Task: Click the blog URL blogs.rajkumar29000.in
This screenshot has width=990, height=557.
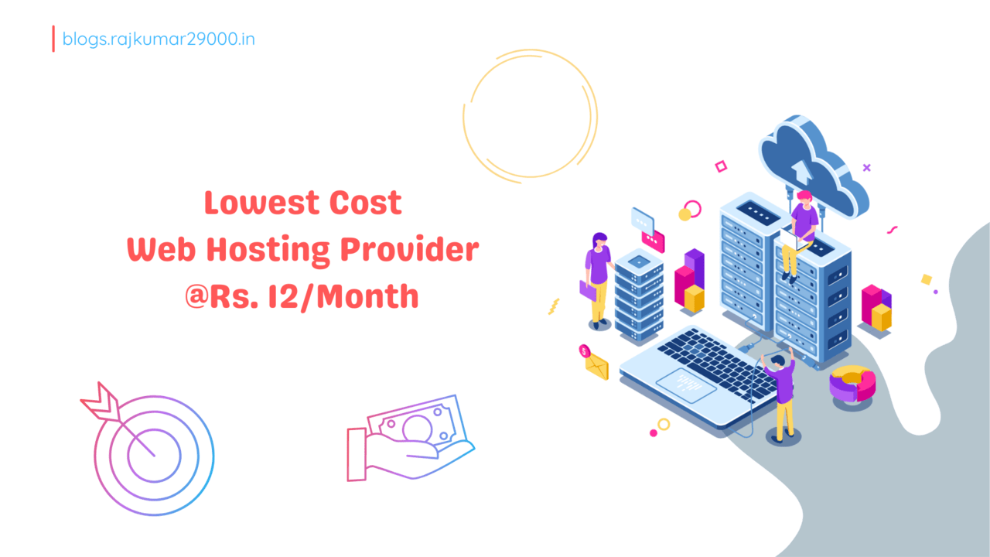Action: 159,38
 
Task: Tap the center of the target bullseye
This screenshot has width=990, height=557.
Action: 153,454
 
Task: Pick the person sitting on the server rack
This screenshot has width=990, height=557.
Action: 801,228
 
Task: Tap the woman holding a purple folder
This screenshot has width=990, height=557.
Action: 597,275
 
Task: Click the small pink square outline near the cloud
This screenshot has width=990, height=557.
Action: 721,166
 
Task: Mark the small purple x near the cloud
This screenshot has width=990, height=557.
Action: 866,167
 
